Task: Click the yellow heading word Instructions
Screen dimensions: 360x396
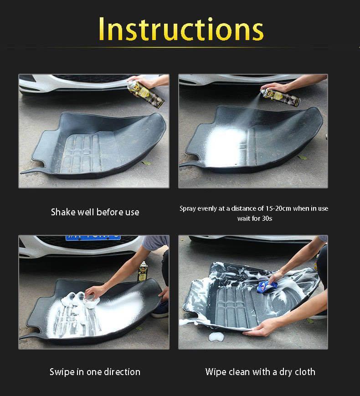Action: pos(181,29)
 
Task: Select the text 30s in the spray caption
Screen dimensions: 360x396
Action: pos(267,218)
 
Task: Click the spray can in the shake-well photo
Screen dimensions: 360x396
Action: pos(145,94)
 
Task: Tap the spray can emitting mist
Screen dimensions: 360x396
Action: pos(280,96)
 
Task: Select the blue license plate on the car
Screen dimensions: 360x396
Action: pos(93,238)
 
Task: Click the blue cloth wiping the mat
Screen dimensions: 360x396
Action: pos(267,286)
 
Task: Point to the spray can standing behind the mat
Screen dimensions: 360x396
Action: pos(143,271)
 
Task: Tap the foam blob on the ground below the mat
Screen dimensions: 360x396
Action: pos(216,336)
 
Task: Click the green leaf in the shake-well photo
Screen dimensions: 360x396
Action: pos(146,163)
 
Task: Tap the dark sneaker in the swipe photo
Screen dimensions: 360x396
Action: pos(160,310)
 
